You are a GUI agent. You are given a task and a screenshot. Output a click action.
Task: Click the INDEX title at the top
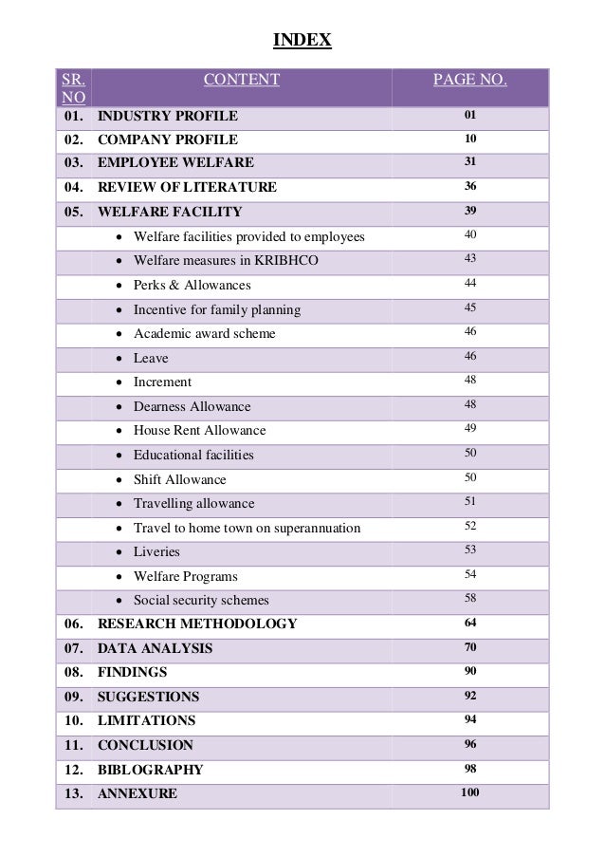tap(302, 40)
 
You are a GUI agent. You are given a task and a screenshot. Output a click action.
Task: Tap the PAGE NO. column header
tap(469, 80)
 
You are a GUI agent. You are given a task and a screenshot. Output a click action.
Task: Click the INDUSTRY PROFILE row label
tap(168, 117)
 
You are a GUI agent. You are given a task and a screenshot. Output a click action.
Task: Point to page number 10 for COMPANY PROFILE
tap(469, 140)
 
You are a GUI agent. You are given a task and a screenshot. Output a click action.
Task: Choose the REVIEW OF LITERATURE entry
tap(187, 188)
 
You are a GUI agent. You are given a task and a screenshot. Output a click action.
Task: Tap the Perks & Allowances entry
tap(192, 285)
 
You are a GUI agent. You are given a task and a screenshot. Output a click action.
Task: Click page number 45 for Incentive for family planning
tap(470, 308)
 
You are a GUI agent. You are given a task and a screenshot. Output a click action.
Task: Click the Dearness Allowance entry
tap(192, 407)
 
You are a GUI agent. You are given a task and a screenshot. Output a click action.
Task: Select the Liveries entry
tap(156, 551)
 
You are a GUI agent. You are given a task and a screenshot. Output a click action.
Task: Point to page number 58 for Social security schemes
tap(470, 599)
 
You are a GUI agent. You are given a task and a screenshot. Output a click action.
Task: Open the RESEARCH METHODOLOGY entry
tap(197, 624)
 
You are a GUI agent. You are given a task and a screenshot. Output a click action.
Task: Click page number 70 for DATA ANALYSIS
tap(470, 647)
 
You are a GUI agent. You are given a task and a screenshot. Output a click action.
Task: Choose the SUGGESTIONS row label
tap(149, 697)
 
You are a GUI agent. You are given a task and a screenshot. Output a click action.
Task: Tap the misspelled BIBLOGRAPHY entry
tap(151, 770)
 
